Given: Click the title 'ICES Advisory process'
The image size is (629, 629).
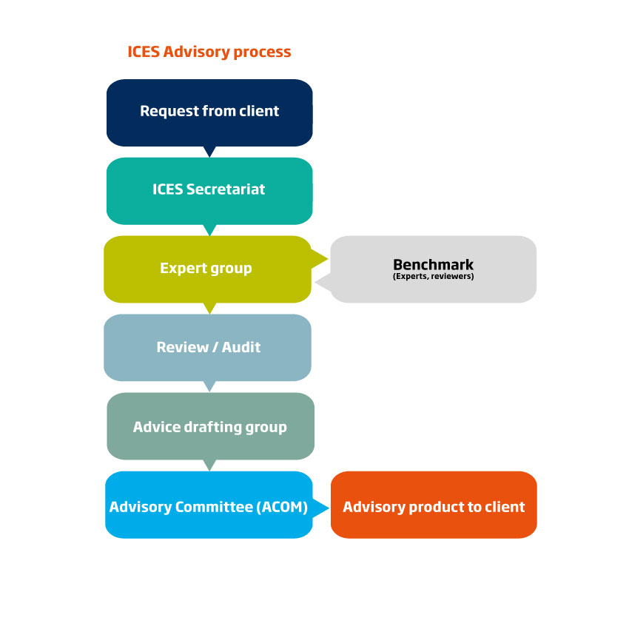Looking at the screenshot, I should pos(209,52).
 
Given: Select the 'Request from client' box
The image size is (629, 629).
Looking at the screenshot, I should pos(209,111).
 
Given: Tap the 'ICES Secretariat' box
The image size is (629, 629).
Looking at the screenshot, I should pos(209,189).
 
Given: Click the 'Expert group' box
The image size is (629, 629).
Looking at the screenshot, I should pos(206,268).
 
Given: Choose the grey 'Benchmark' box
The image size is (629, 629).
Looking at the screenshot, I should pos(433,269).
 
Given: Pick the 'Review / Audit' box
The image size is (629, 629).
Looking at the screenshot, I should pos(208,347).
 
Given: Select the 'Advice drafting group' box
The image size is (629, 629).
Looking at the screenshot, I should pos(210,426).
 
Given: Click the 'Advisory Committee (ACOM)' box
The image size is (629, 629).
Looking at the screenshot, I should pos(208,507).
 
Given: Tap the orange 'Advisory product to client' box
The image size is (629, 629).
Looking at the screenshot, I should pos(434,507).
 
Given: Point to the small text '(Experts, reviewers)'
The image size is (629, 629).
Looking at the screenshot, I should pos(433,277).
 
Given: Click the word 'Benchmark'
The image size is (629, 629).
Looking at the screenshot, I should pos(433,264).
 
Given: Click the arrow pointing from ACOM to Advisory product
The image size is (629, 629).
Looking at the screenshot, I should pos(320,508).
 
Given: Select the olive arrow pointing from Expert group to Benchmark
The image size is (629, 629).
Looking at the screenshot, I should pos(320,258).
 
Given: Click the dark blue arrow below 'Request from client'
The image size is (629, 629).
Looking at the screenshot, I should pos(209,152).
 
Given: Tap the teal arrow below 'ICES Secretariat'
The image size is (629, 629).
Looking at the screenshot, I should pos(209,230).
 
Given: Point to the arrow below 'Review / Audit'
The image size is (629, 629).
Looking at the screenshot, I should pos(209,386).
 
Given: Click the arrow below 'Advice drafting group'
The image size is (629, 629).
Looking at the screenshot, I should pos(209,465).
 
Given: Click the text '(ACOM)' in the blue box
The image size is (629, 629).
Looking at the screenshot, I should pos(277,507).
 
